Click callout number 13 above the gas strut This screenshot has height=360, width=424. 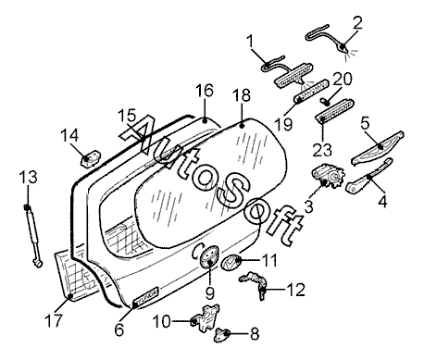(x=28, y=178)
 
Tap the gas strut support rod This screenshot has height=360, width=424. (x=32, y=235)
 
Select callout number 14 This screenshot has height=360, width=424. (x=69, y=135)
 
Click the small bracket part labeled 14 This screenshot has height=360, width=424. (x=91, y=157)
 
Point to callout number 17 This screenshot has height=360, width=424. (x=54, y=321)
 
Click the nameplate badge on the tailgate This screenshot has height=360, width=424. (x=145, y=297)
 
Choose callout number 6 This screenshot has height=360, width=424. (x=119, y=330)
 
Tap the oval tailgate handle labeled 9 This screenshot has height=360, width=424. (x=208, y=255)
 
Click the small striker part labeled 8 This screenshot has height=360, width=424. (x=222, y=335)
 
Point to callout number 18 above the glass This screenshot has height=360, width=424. (x=242, y=95)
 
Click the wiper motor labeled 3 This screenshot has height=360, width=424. (x=328, y=177)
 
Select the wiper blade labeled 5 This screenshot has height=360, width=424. (x=378, y=148)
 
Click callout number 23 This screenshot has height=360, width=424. (x=322, y=150)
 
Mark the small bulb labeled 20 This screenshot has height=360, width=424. (x=325, y=100)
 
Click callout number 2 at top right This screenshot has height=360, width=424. (x=357, y=23)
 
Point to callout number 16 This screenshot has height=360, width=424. (x=205, y=91)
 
